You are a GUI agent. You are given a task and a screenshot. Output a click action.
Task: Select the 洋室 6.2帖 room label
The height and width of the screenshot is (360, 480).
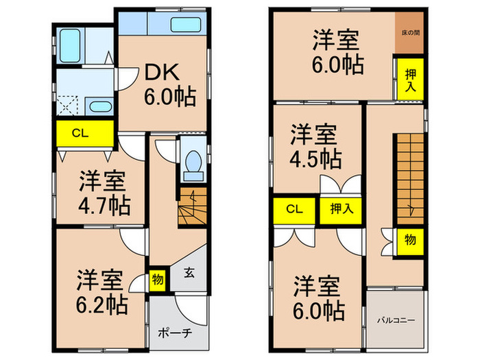point(99,291)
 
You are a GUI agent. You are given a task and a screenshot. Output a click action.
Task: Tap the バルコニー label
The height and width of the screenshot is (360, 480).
point(396,319)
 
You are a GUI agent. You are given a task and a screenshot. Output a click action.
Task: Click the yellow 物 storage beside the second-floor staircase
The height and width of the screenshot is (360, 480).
point(409,240)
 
